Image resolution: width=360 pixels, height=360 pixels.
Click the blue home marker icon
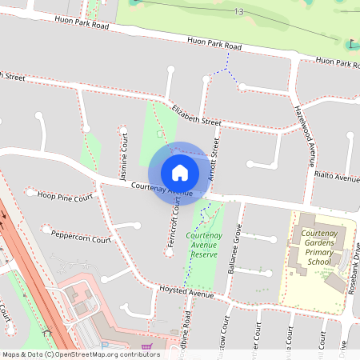point(180,172)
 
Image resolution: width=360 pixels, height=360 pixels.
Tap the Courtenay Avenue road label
point(162,189)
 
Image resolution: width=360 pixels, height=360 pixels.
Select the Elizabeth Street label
point(195,114)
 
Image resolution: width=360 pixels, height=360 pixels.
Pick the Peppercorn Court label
point(78,236)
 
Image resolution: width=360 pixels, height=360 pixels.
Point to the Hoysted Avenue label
point(186,294)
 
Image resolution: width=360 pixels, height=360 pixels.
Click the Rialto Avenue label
point(337,177)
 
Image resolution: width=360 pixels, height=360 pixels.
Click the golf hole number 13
point(239,11)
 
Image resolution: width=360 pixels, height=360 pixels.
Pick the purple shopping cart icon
point(146,347)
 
